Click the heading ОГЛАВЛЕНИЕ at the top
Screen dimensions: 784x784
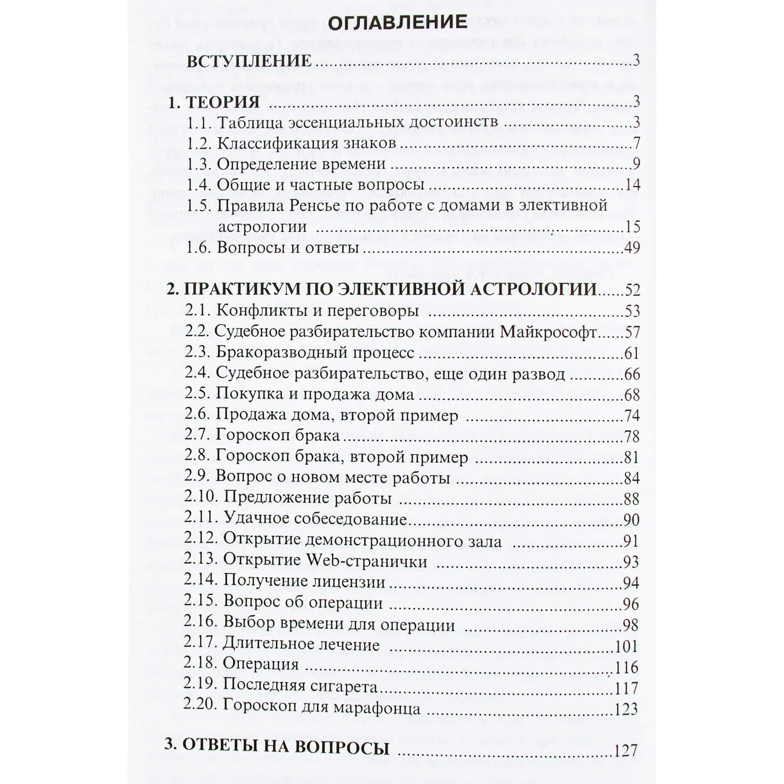point(397,22)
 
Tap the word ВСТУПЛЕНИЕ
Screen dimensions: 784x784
point(249,61)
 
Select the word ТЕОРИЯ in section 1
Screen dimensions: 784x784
point(222,102)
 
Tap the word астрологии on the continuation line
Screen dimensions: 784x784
point(262,227)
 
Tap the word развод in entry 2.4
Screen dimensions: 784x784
point(539,374)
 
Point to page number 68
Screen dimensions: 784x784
point(632,395)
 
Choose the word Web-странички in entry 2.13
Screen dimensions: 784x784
point(366,561)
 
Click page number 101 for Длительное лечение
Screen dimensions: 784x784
point(625,646)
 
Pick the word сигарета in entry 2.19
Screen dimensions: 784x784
point(340,687)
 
